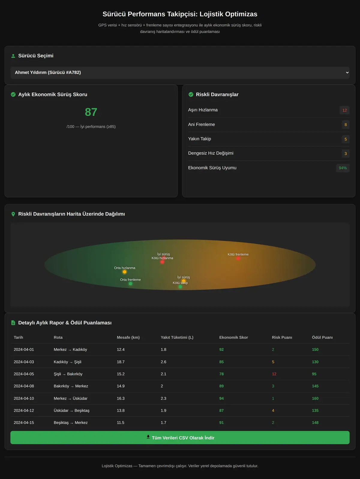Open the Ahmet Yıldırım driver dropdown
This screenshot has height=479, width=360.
coord(180,73)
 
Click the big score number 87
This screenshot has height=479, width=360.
coord(91,112)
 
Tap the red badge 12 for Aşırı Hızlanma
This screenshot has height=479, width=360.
coord(344,110)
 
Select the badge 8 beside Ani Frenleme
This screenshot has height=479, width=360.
coord(345,125)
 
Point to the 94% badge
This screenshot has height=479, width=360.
coord(343,168)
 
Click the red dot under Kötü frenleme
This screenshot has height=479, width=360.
coord(238,258)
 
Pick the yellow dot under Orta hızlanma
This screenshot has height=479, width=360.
coord(124,272)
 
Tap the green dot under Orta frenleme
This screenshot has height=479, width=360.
coord(130,284)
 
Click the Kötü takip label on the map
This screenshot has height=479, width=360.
coord(180,283)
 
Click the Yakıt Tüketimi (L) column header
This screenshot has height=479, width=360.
coord(177,338)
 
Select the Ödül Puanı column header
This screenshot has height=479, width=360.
coord(322,338)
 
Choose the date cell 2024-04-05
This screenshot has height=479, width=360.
coord(24,374)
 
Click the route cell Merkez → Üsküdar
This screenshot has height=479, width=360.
coord(70,398)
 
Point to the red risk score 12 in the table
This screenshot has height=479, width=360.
coord(274,374)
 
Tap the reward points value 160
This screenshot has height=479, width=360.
coord(315,398)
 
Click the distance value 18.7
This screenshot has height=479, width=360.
coord(121,362)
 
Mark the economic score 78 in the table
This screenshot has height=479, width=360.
coord(221,374)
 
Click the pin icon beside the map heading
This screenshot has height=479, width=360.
coord(13,214)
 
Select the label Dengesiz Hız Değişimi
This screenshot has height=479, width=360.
coord(211,153)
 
